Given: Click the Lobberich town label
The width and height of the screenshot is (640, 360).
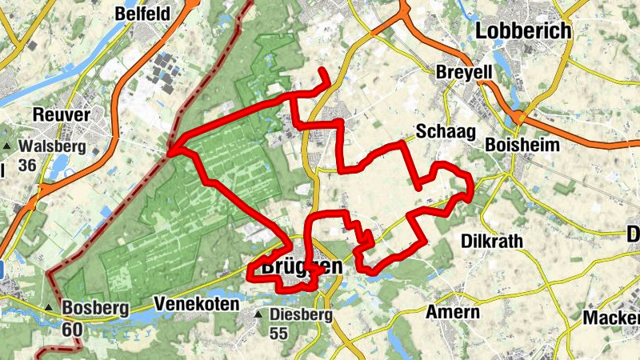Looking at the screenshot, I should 524,30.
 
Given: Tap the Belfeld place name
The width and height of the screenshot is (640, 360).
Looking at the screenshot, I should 143,14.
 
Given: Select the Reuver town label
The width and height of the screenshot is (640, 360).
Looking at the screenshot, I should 62,115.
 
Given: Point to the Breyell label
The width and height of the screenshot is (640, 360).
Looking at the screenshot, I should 464,72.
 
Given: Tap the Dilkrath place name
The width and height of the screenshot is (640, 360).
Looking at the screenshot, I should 492,240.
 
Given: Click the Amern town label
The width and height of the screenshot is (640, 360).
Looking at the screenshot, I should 453,312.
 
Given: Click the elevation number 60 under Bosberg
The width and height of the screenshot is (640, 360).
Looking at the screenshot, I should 72,327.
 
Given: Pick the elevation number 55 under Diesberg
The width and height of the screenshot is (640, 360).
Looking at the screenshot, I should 278,333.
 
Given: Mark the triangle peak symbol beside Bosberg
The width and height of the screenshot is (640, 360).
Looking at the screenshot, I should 50,308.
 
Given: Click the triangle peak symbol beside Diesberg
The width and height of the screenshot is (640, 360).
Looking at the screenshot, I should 258,315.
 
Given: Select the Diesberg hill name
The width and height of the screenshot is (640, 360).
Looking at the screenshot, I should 301,315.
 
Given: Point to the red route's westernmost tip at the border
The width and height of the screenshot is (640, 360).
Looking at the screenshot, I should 170,150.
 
